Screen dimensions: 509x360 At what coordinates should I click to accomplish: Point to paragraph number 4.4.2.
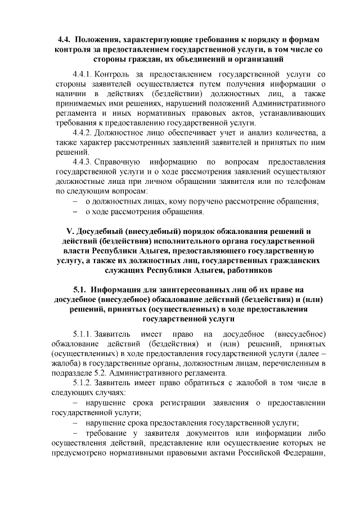[83, 133]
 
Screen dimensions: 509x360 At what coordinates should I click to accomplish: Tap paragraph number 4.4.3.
[83, 162]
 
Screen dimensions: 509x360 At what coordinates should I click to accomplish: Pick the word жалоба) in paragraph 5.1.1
[66, 364]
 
